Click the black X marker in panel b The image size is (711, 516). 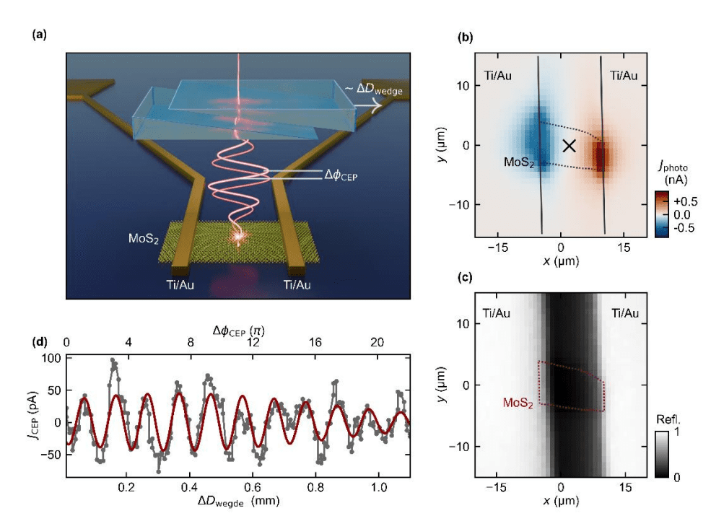point(569,146)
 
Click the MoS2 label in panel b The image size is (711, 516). point(518,164)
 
